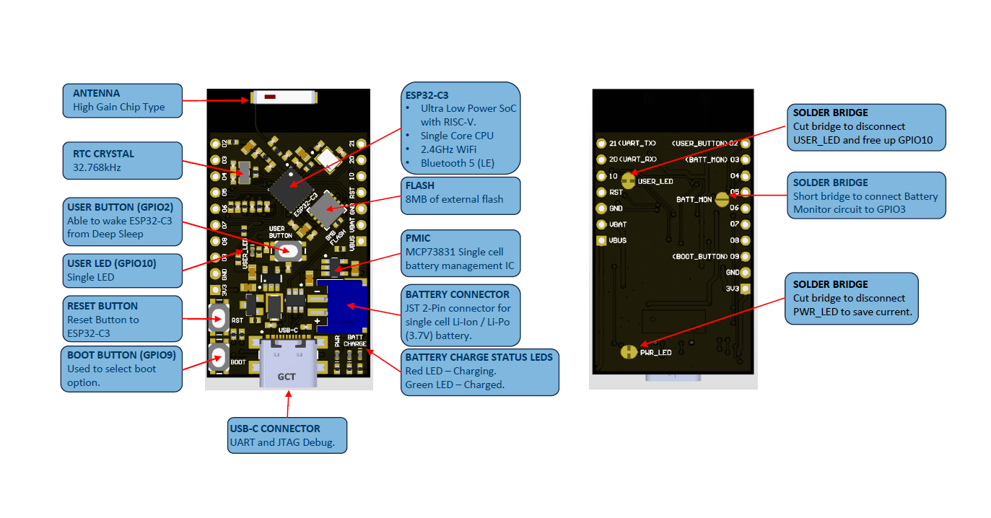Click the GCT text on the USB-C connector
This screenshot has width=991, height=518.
[287, 376]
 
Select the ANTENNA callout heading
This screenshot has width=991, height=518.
[97, 93]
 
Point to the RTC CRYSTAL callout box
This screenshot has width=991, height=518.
[121, 160]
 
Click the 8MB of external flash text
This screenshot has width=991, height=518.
[455, 199]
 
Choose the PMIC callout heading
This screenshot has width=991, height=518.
[418, 237]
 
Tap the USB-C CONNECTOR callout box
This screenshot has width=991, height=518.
[287, 435]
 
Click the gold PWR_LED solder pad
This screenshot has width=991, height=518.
[629, 352]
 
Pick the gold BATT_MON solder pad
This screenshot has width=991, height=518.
[722, 200]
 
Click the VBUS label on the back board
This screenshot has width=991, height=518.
[618, 240]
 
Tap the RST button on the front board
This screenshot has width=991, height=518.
[219, 318]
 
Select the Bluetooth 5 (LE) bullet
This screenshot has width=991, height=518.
[458, 163]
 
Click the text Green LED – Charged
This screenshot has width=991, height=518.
[455, 385]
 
